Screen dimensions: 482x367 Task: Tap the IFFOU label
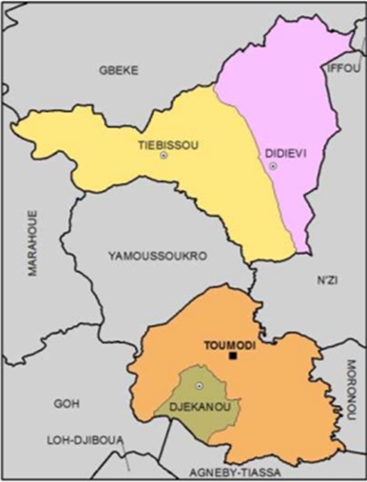pos(343,68)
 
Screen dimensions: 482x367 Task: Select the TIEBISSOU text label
pos(163,142)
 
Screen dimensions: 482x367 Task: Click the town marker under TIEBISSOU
pos(163,155)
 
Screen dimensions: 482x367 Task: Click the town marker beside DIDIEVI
pos(273,166)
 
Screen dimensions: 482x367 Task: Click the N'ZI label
pos(327,280)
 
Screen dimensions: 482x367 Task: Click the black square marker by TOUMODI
pos(232,356)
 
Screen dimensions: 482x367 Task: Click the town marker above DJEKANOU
pos(200,385)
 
